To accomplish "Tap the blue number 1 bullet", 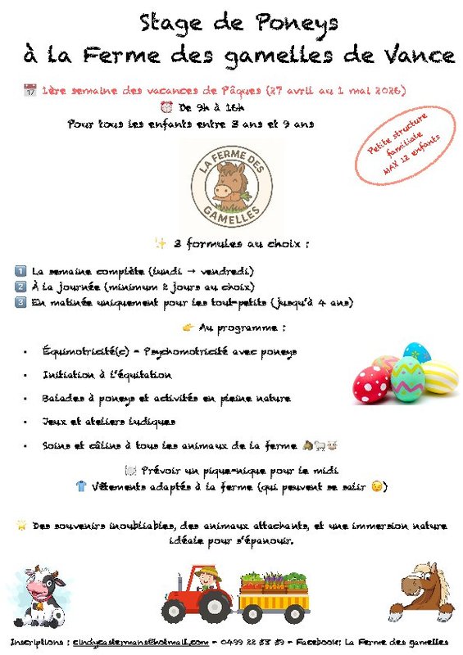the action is [20, 271].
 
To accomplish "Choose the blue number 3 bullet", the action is [20, 302].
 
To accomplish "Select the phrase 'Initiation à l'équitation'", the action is [107, 375].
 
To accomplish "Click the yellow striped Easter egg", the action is [440, 377].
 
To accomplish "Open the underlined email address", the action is [139, 642].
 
